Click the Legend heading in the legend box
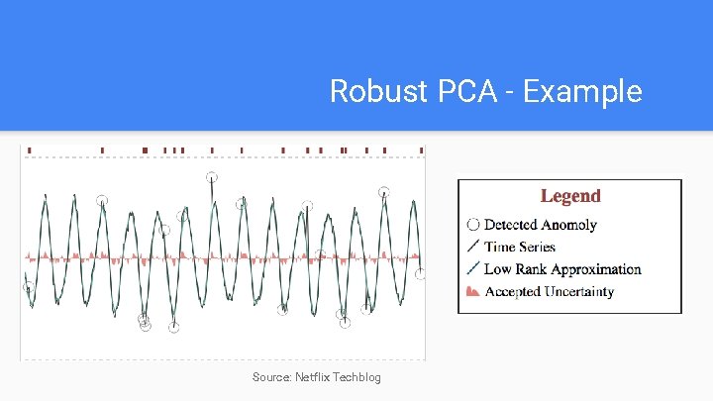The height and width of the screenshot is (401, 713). tap(569, 196)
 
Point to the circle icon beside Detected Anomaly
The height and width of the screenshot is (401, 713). tap(472, 225)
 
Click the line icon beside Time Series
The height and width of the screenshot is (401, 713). tap(472, 247)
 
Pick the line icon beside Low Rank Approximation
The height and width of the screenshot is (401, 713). tap(472, 268)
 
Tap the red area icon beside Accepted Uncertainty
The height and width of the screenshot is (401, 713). tap(472, 291)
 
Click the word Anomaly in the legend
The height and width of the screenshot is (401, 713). tap(568, 225)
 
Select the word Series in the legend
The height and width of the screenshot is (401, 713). tap(535, 247)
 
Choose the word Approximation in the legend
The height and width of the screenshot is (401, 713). tap(597, 269)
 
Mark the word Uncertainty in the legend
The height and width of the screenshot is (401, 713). tap(578, 291)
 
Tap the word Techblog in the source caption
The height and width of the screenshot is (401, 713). tap(356, 377)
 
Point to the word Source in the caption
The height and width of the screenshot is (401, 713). tap(270, 377)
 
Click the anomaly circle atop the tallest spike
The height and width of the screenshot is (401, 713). tap(211, 177)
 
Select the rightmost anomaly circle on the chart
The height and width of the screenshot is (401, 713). tap(420, 274)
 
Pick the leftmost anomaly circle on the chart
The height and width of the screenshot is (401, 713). tap(29, 288)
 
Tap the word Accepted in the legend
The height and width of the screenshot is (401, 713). tap(512, 291)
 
